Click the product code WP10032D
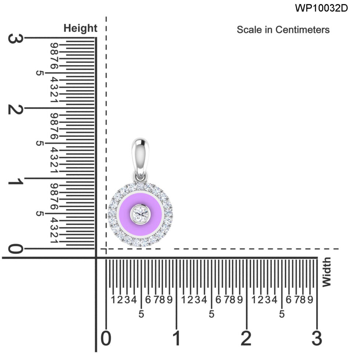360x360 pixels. pos(321,8)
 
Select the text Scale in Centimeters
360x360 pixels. pos(283,30)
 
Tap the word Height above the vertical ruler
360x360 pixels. pos(80,28)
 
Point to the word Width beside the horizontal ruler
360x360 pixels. pos(327,272)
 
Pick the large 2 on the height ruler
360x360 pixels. pos(14,109)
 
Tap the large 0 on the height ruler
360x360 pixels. pos(14,249)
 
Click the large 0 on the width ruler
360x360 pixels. pos(106,338)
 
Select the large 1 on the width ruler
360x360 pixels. pos(176,338)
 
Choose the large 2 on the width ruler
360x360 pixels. pos(246,338)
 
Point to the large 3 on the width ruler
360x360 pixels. pos(317,338)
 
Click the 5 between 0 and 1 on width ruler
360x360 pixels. pos(141,314)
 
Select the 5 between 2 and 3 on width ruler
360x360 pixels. pos(282,314)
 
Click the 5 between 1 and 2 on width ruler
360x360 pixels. pos(211,314)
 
